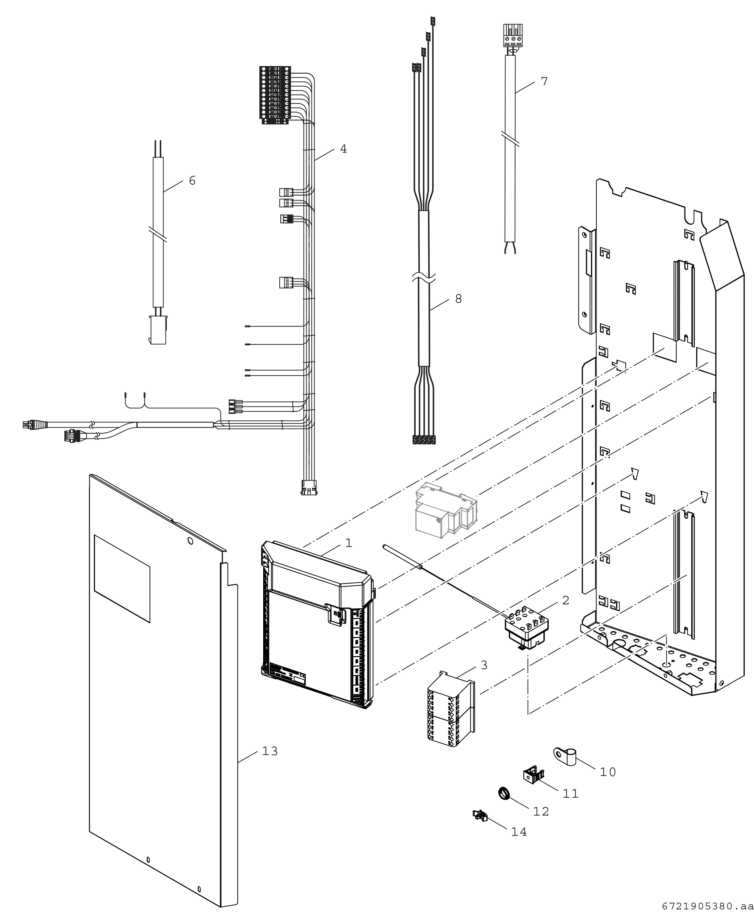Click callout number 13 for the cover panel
(x=270, y=751)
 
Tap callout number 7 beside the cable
(x=544, y=81)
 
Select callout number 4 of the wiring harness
(x=343, y=149)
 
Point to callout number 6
(x=192, y=180)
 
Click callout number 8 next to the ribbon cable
(x=458, y=299)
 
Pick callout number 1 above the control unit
(x=348, y=542)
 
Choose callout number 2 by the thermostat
(x=565, y=600)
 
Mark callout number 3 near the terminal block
(x=484, y=665)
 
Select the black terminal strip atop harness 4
(x=275, y=94)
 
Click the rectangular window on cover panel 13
(x=122, y=579)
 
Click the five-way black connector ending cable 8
(x=423, y=440)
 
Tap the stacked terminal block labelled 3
(x=450, y=710)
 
